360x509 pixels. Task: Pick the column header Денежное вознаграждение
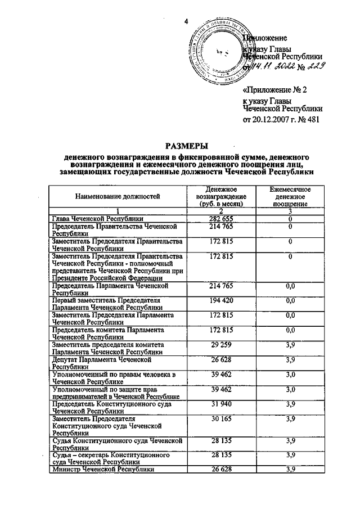220,196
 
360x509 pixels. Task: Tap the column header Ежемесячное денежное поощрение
290,197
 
